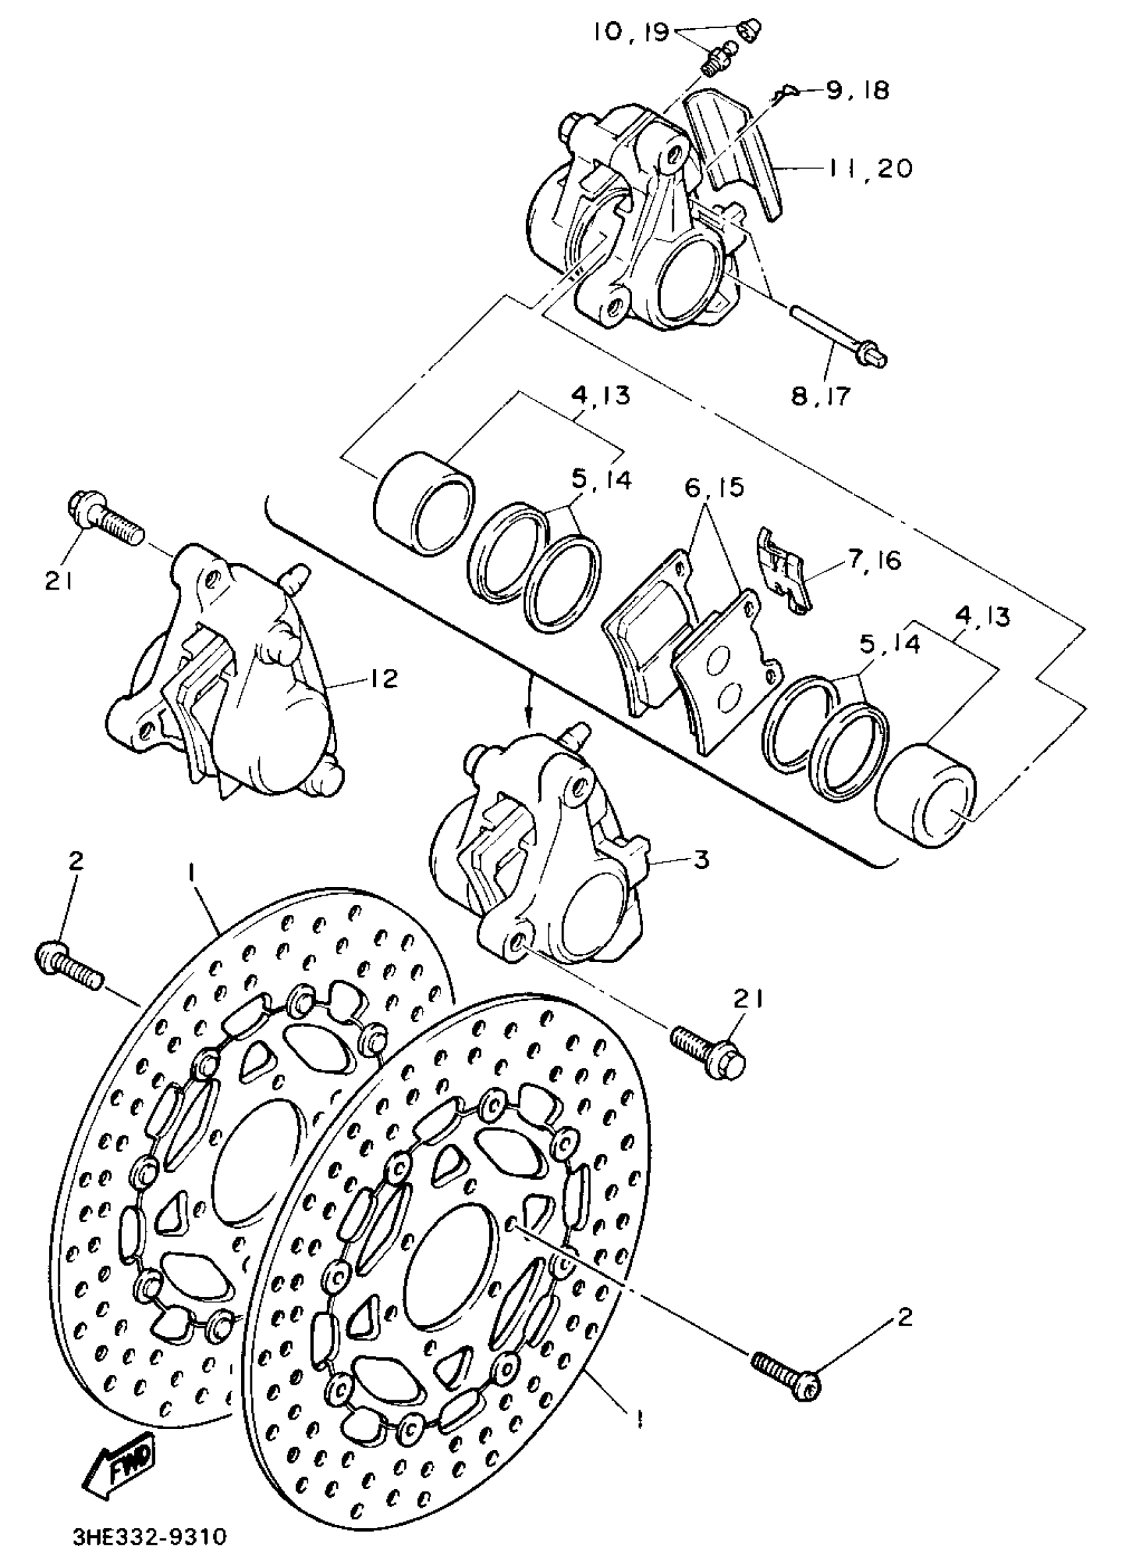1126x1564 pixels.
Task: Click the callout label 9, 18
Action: (857, 89)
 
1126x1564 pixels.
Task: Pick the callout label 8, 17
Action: (821, 397)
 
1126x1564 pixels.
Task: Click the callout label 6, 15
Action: (715, 488)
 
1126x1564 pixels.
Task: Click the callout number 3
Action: (701, 860)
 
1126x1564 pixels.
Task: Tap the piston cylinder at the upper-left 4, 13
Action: (423, 503)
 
